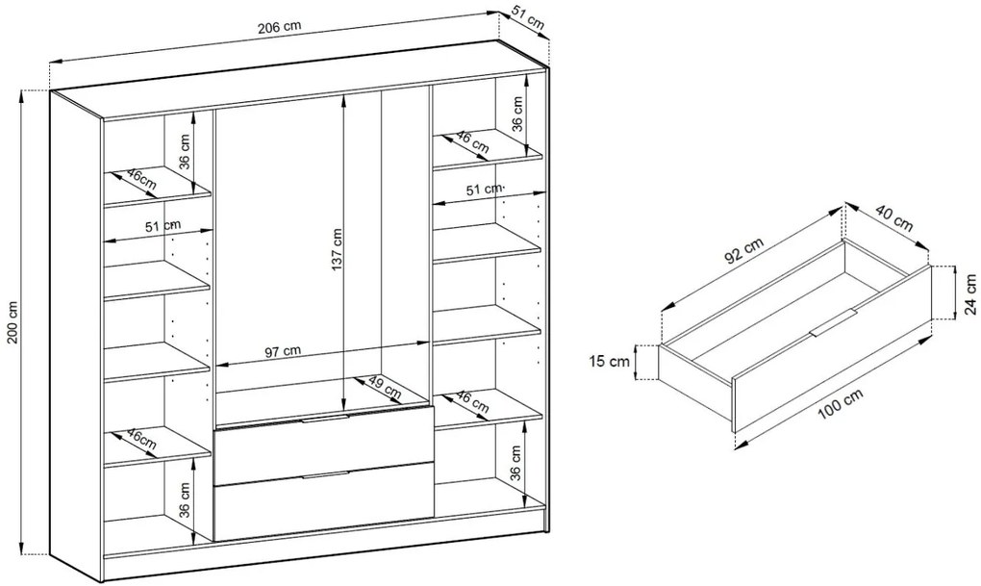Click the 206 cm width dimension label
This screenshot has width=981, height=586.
click(279, 26)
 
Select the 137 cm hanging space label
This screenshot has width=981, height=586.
click(336, 248)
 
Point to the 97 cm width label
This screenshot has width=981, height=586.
click(282, 351)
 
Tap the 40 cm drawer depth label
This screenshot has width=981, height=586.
click(894, 217)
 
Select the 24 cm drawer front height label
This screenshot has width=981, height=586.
click(970, 293)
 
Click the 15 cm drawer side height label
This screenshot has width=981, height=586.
click(610, 362)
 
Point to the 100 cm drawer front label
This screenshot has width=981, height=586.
click(841, 404)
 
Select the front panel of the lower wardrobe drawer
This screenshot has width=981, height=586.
click(324, 502)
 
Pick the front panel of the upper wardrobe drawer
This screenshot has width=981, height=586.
click(324, 446)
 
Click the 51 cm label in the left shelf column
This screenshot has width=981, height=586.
click(163, 227)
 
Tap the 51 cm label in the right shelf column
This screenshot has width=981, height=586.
click(486, 189)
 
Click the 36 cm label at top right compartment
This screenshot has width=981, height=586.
click(516, 114)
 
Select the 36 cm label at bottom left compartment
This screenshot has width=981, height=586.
click(184, 499)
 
